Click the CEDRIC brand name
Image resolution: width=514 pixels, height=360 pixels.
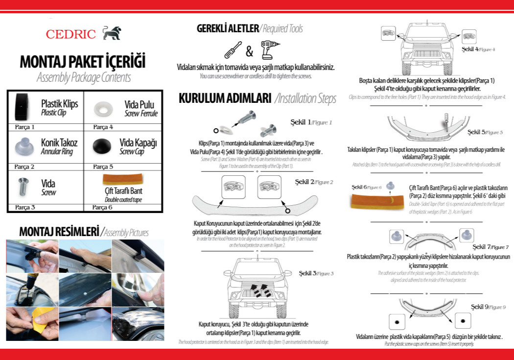pyautogui.click(x=71, y=34)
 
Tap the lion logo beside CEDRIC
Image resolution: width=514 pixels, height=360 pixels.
pyautogui.click(x=111, y=33)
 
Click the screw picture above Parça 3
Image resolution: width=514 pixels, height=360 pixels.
pyautogui.click(x=23, y=186)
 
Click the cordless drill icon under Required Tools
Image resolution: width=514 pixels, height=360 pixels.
pyautogui.click(x=270, y=50)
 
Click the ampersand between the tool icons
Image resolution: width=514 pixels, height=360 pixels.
pyautogui.click(x=249, y=51)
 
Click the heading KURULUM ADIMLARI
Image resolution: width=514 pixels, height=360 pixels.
pyautogui.click(x=225, y=98)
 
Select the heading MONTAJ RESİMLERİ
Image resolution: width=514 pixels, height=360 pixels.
pyautogui.click(x=58, y=231)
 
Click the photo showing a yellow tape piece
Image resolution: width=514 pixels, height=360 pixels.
pyautogui.click(x=32, y=323)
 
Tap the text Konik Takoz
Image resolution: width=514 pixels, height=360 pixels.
pyautogui.click(x=59, y=143)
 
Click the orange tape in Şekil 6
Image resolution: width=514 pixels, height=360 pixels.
pyautogui.click(x=373, y=201)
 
